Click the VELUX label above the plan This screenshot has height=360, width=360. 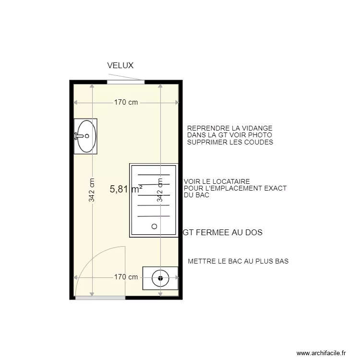point(120,66)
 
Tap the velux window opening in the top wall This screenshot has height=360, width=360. point(126,82)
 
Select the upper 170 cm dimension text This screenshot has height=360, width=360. point(126,102)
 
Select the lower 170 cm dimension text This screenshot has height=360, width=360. point(126,277)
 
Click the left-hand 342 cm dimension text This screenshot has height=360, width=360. point(91,190)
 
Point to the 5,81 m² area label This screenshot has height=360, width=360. point(126,189)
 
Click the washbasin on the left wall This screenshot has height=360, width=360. point(85,136)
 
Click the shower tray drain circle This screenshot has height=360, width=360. point(155,226)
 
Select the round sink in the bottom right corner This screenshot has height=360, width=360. point(160,278)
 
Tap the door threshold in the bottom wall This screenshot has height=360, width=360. point(100,298)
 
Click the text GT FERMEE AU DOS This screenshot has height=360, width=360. point(223,232)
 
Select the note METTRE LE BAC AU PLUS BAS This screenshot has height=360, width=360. point(238,262)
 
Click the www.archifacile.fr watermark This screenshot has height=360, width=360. point(321,352)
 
